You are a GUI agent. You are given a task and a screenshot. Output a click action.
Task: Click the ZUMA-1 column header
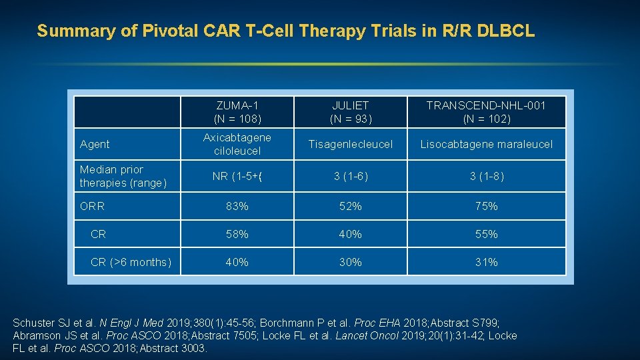(x=237, y=112)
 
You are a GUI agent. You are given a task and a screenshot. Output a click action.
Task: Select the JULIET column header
(x=350, y=112)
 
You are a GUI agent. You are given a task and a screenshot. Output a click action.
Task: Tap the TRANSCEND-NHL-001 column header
(x=486, y=112)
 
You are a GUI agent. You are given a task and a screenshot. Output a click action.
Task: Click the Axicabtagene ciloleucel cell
(x=237, y=144)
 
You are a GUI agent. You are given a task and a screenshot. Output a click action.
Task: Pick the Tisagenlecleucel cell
(x=350, y=144)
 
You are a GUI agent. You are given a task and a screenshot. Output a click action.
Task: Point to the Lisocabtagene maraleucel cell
(x=486, y=144)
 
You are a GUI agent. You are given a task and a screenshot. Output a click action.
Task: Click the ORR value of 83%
(x=237, y=207)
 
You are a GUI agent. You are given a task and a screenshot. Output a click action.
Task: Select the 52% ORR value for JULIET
(x=350, y=207)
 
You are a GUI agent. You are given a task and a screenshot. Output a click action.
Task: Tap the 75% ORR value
(x=486, y=207)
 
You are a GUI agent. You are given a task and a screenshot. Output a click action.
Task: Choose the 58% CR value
(x=237, y=235)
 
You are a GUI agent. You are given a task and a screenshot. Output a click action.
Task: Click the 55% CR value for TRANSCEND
(x=486, y=235)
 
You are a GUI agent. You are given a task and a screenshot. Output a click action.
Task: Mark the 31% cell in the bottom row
(x=486, y=263)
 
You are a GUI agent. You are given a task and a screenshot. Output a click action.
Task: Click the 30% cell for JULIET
(x=350, y=263)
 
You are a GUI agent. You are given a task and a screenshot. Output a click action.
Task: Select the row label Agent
(x=95, y=144)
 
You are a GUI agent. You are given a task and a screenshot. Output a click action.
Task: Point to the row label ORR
(x=92, y=207)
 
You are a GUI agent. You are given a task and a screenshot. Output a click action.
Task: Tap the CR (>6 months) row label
(x=131, y=263)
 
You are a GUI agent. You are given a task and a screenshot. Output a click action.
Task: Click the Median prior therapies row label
(x=123, y=176)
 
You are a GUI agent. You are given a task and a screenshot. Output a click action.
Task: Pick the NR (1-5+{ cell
(x=237, y=177)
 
